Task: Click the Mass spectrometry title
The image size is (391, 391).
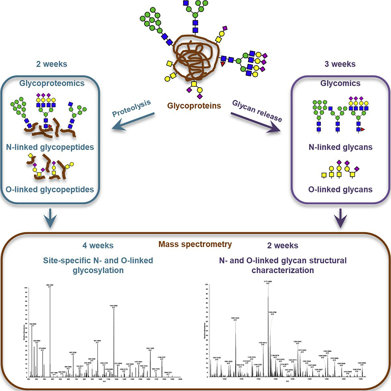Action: (195, 244)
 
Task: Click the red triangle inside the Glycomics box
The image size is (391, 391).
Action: (362, 129)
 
